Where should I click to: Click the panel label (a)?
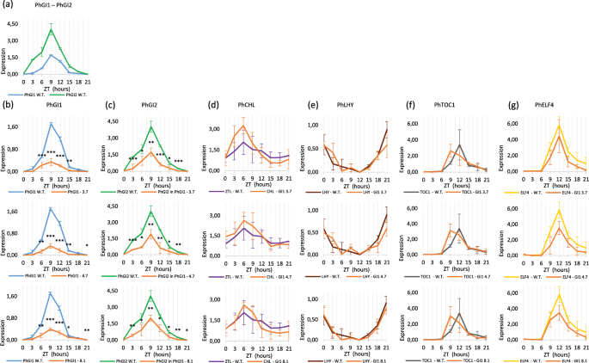[x=7, y=5]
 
